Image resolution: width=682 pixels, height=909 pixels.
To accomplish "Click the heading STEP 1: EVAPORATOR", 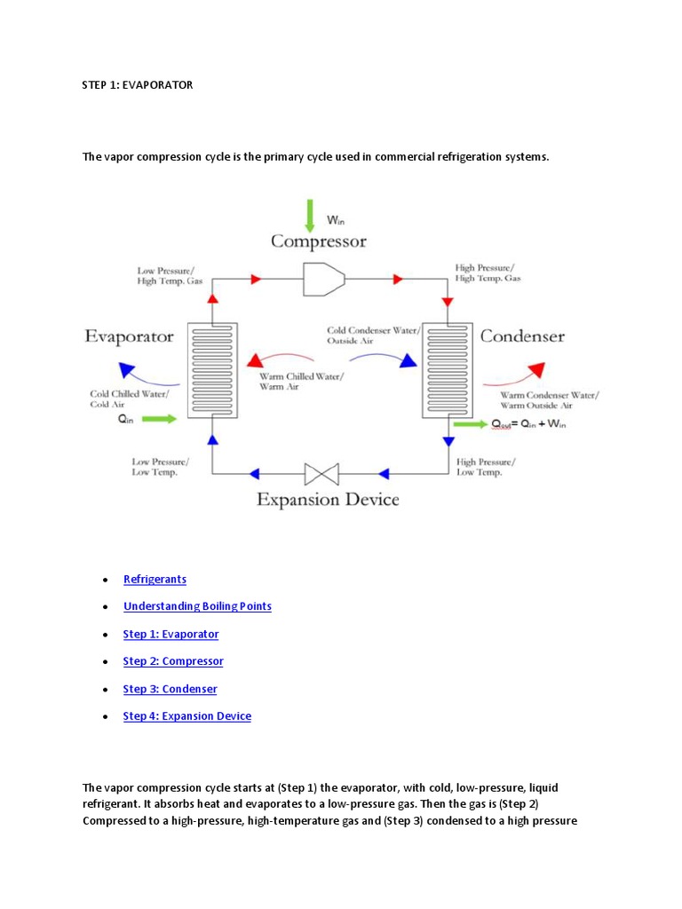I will (138, 85).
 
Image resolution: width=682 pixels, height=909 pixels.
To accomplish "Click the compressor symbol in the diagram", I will (323, 279).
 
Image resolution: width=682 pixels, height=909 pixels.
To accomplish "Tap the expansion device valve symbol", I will (316, 473).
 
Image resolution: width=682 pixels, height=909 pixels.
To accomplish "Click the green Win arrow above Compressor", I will (310, 216).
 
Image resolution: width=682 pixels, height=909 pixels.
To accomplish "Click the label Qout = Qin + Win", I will (529, 424).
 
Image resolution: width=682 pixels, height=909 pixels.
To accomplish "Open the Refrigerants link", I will (155, 579).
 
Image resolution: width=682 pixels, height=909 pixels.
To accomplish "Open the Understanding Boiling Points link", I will (197, 606).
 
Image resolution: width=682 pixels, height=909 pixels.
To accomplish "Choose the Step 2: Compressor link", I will (173, 661).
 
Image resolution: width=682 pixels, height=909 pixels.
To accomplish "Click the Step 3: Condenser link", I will (170, 689).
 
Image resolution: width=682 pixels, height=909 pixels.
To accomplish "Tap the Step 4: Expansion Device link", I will (186, 716).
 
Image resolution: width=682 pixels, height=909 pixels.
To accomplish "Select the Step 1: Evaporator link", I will (170, 634).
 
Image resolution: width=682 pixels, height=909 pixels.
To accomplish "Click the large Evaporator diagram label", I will (129, 336).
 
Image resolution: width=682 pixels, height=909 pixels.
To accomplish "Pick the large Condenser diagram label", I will (522, 336).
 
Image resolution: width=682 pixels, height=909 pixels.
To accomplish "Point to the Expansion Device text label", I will (328, 500).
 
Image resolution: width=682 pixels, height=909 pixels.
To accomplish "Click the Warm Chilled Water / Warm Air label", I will (302, 381).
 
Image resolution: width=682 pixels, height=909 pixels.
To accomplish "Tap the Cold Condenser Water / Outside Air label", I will (371, 335).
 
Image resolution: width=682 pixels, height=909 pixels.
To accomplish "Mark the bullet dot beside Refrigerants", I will (105, 580).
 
